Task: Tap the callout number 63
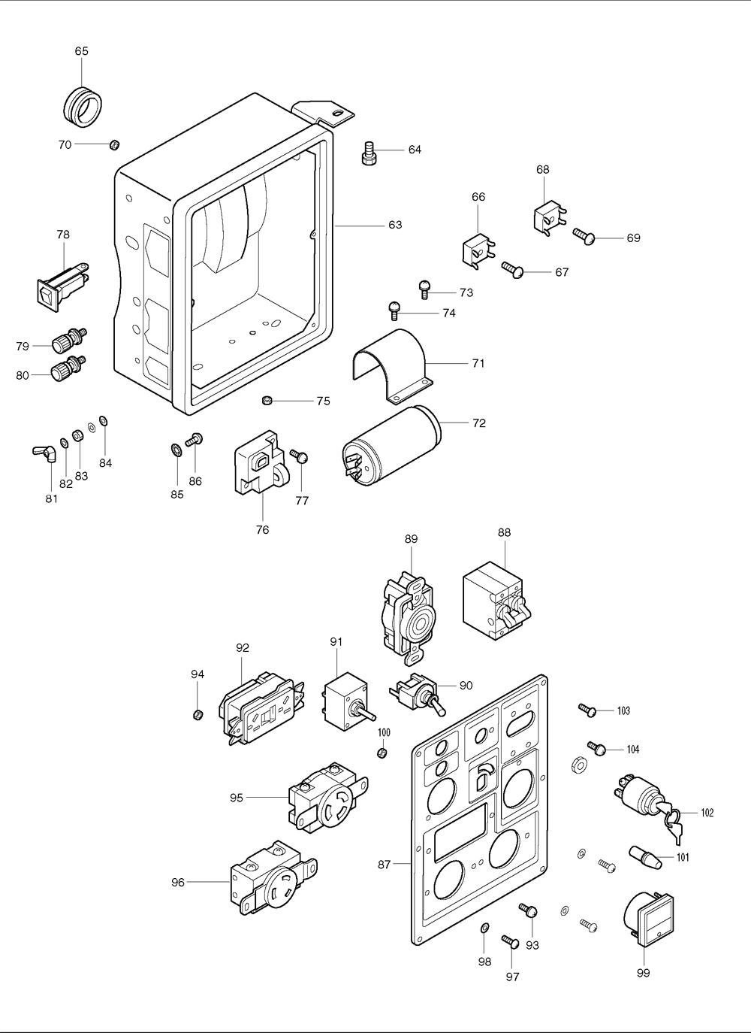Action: (395, 225)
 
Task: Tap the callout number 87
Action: (384, 865)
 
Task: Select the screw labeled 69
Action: (584, 235)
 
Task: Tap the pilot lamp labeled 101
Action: (644, 856)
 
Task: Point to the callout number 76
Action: (262, 530)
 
